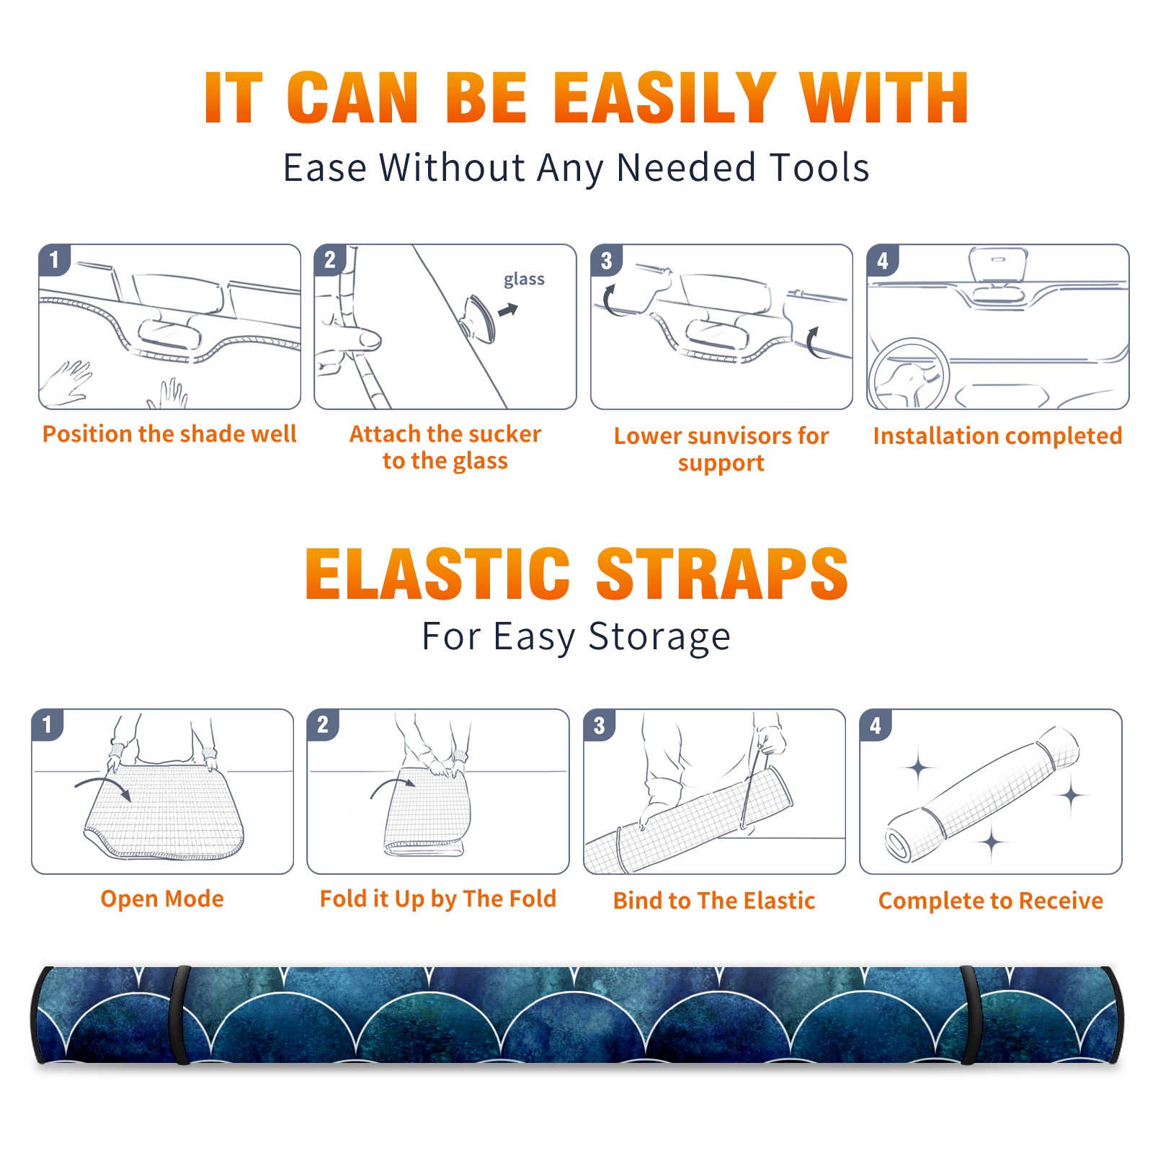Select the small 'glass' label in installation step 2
tap(524, 280)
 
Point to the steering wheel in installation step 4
tap(909, 374)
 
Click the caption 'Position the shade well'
tap(169, 434)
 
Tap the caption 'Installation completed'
tap(997, 436)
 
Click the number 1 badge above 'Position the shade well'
tap(55, 259)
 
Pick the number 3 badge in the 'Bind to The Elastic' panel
tap(600, 725)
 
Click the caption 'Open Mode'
tap(162, 899)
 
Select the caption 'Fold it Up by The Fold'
tap(438, 899)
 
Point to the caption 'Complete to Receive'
tap(991, 901)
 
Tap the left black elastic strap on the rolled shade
tap(179, 1015)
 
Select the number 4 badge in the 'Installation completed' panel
tap(883, 259)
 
